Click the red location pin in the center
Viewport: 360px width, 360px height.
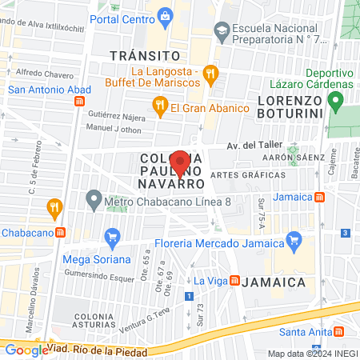coord(181,162)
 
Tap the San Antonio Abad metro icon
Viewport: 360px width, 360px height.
coord(79,102)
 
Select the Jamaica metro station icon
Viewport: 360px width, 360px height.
coord(319,197)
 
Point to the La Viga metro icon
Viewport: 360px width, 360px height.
coord(235,281)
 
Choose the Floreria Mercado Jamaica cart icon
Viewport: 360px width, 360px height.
coord(294,238)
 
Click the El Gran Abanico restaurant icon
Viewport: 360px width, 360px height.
coord(158,104)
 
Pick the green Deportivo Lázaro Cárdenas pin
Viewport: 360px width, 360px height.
coord(336,102)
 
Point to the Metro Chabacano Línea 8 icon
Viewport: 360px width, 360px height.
coord(94,198)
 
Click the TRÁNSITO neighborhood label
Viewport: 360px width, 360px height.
coord(144,55)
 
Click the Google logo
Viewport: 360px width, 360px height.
coord(26,350)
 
